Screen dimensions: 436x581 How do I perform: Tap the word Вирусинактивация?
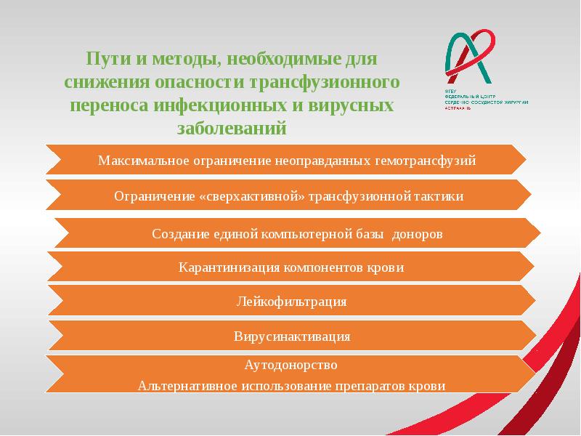click(292, 337)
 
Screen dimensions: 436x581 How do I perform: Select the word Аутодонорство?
click(290, 365)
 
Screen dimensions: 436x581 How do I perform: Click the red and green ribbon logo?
click(468, 56)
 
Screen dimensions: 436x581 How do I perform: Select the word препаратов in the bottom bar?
click(374, 386)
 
